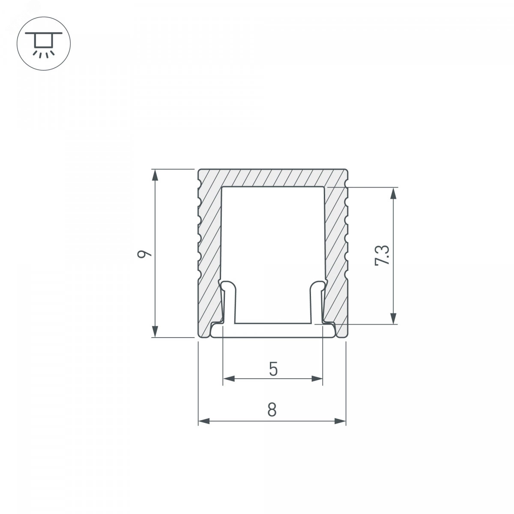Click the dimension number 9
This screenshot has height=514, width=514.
(144, 254)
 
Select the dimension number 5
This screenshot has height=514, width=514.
(273, 369)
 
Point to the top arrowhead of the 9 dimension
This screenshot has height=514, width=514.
(155, 175)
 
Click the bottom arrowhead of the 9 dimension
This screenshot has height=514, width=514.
(155, 331)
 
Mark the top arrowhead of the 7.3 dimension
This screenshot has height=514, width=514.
(393, 193)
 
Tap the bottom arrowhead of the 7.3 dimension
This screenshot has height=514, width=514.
(393, 318)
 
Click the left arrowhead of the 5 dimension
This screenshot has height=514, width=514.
(229, 379)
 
